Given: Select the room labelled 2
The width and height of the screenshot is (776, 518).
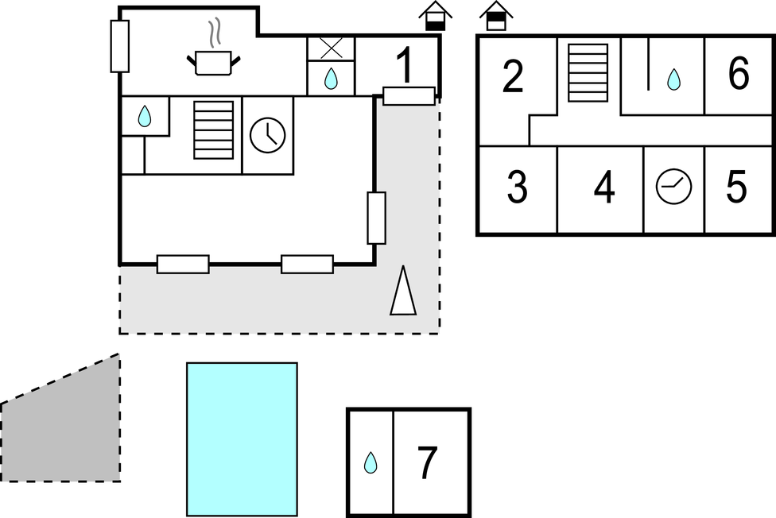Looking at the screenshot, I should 514,77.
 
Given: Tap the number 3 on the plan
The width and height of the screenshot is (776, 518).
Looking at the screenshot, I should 517,188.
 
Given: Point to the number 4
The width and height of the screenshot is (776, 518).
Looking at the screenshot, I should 604,188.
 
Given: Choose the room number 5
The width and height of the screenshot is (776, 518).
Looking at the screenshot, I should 737,188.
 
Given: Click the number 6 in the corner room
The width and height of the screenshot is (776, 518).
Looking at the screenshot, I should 739,75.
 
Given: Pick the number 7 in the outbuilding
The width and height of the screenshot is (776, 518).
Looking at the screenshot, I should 428,463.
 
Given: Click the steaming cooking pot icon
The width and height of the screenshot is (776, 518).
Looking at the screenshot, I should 213,60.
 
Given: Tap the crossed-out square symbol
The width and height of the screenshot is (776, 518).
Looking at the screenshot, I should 331,48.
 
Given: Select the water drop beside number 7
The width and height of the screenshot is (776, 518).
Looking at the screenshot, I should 371,462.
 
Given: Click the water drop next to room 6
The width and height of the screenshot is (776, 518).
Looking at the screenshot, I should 673,79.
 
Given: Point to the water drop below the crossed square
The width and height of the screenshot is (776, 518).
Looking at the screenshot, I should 331,79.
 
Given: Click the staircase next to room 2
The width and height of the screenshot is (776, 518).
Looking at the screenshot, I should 588,73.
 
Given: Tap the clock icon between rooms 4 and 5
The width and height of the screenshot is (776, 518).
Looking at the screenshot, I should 674,187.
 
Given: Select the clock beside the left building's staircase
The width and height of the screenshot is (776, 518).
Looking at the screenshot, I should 268,135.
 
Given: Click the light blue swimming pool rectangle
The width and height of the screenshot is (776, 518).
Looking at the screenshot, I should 242,439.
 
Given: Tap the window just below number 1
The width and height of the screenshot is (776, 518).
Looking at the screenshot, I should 409,95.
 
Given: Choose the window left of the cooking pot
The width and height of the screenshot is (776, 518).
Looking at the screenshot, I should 120,47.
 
